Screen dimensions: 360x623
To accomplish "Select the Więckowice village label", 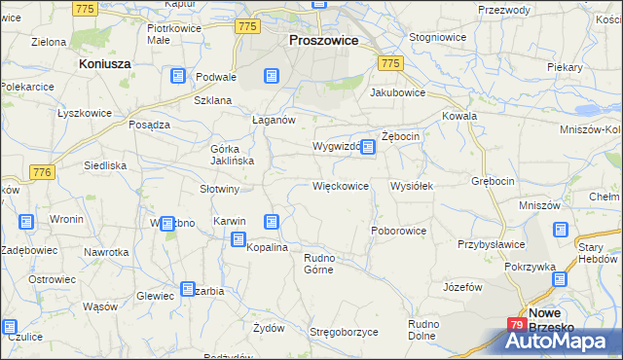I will coord(340,185).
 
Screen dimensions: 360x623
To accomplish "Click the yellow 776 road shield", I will coord(40,172).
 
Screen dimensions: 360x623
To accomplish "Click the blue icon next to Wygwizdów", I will coord(367,146).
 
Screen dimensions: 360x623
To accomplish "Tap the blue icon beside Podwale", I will coord(177,76).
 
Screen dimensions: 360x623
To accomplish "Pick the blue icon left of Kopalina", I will coord(238,238).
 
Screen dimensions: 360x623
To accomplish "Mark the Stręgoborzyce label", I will coord(344,332).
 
